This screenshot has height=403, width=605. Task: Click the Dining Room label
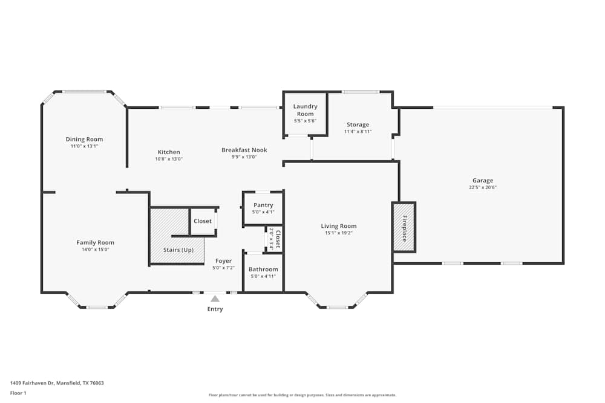click(84, 140)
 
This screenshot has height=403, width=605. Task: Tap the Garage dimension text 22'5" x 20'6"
click(483, 187)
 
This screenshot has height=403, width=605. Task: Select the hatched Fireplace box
click(404, 227)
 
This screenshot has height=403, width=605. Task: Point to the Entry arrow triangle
click(215, 298)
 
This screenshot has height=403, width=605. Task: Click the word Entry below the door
click(215, 309)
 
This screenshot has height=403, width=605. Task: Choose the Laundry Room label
click(305, 110)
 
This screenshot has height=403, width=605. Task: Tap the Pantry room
click(263, 208)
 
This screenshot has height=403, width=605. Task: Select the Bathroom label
click(263, 269)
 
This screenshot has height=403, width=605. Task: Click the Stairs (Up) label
click(178, 250)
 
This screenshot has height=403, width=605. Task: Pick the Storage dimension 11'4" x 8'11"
click(358, 132)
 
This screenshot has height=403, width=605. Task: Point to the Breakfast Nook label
click(244, 150)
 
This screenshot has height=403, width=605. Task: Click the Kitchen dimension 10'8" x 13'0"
click(169, 159)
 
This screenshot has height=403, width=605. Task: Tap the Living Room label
click(339, 226)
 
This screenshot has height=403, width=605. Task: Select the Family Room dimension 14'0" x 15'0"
click(95, 250)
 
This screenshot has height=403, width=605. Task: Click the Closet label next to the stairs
click(203, 221)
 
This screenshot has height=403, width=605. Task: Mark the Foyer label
click(223, 261)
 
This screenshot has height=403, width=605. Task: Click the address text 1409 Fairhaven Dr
click(36, 383)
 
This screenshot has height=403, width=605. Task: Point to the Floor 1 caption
click(18, 393)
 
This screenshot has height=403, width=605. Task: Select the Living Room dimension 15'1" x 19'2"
click(339, 233)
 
